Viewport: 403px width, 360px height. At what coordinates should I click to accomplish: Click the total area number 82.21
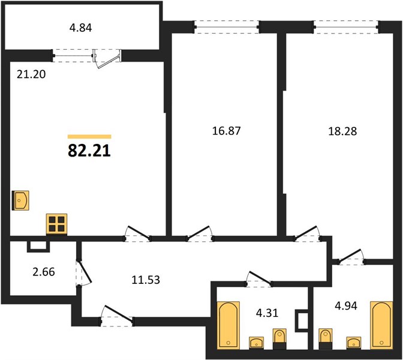tap(89, 151)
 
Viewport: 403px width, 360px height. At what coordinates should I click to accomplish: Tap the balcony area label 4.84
tap(81, 28)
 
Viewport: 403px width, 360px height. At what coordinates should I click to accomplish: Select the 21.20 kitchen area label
tap(31, 74)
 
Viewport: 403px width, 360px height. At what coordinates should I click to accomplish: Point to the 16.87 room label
tap(226, 131)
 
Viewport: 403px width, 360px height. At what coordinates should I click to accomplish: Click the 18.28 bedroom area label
tap(342, 131)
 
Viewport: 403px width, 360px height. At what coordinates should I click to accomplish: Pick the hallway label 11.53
tap(146, 280)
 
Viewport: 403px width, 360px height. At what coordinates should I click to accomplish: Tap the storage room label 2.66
tap(44, 272)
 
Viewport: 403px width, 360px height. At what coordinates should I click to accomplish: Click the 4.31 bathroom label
tap(267, 313)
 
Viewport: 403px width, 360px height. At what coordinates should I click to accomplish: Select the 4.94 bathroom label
tap(346, 306)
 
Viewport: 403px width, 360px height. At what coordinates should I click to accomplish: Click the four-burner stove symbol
tap(57, 224)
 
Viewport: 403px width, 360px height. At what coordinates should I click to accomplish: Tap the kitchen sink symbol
tap(21, 200)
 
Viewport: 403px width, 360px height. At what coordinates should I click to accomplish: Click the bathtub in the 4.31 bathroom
tap(228, 326)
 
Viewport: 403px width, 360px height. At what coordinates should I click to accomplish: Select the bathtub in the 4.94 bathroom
tap(381, 326)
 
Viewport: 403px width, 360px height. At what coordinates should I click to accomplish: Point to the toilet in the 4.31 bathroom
tap(279, 339)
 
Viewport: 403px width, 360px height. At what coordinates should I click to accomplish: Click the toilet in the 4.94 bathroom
tap(326, 339)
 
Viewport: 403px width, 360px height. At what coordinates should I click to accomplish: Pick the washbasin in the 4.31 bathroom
tap(256, 343)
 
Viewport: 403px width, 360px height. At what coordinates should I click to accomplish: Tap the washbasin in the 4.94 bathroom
tap(353, 343)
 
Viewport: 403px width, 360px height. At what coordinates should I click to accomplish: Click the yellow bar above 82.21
tap(89, 137)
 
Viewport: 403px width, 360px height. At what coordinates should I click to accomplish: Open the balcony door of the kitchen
tap(107, 59)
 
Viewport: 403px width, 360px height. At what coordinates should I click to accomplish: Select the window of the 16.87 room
tap(227, 27)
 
